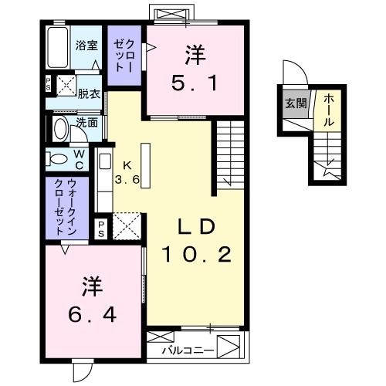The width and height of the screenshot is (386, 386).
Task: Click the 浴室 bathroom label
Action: [86, 46]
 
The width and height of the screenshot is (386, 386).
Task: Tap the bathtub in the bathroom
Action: [58, 48]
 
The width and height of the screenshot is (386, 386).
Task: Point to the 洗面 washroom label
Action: [86, 122]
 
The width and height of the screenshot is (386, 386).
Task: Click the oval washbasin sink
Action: [60, 127]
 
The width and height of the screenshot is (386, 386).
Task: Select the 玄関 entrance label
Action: [294, 103]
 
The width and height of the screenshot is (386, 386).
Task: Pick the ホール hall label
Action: [327, 110]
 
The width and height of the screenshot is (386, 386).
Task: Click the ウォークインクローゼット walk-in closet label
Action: [59, 207]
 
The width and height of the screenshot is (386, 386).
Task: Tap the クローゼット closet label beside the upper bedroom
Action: [124, 56]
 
